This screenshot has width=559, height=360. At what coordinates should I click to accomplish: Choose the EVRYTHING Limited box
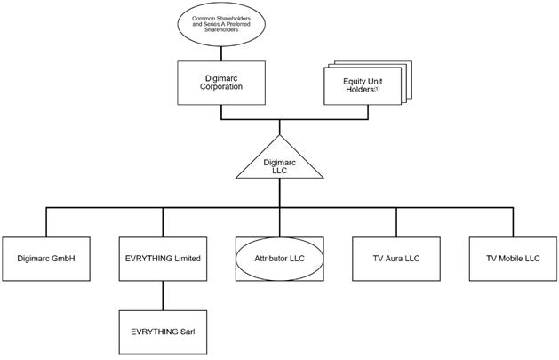(x=162, y=258)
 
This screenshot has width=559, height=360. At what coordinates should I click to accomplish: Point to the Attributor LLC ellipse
(x=279, y=258)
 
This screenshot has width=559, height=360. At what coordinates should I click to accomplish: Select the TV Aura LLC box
(x=396, y=258)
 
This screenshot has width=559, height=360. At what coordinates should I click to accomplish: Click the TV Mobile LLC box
(x=514, y=258)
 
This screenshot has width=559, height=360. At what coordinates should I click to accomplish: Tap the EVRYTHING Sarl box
(x=162, y=331)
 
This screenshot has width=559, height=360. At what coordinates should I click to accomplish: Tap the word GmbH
(x=64, y=258)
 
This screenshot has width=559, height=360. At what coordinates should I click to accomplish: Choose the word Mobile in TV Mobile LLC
(x=513, y=258)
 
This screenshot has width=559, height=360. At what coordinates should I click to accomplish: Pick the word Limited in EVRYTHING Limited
(x=185, y=258)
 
